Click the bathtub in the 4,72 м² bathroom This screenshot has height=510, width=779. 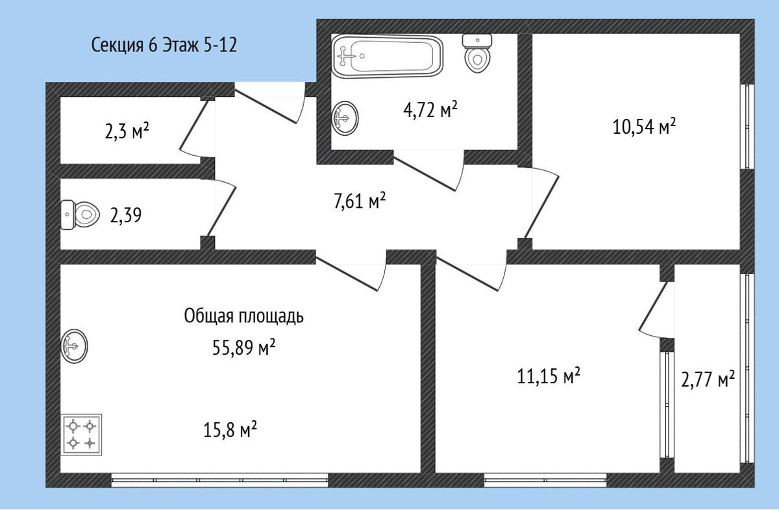pyautogui.click(x=388, y=56)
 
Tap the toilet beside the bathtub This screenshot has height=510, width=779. pyautogui.click(x=477, y=53)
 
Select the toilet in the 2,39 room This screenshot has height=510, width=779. pyautogui.click(x=80, y=215)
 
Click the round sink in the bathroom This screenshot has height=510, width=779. pyautogui.click(x=345, y=118)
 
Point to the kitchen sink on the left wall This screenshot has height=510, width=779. pyautogui.click(x=74, y=346)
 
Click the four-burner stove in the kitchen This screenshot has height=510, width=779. pyautogui.click(x=81, y=435)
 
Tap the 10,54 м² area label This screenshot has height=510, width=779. pyautogui.click(x=644, y=127)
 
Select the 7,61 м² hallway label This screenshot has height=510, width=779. pyautogui.click(x=360, y=201)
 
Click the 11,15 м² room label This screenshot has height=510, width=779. pyautogui.click(x=549, y=376)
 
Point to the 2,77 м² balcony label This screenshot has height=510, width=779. pyautogui.click(x=708, y=379)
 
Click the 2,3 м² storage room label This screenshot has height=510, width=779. pyautogui.click(x=127, y=131)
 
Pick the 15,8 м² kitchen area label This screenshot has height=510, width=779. pyautogui.click(x=230, y=429)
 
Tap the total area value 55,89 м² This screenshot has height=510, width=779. pyautogui.click(x=244, y=347)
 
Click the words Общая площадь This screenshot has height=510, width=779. pyautogui.click(x=244, y=316)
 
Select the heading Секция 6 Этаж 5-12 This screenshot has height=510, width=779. pyautogui.click(x=164, y=45)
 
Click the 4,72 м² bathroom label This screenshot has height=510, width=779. pyautogui.click(x=430, y=110)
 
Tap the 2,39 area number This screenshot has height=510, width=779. pyautogui.click(x=125, y=216)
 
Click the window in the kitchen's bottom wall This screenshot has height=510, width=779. pyautogui.click(x=220, y=480)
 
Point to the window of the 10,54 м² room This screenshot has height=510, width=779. pyautogui.click(x=747, y=127)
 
